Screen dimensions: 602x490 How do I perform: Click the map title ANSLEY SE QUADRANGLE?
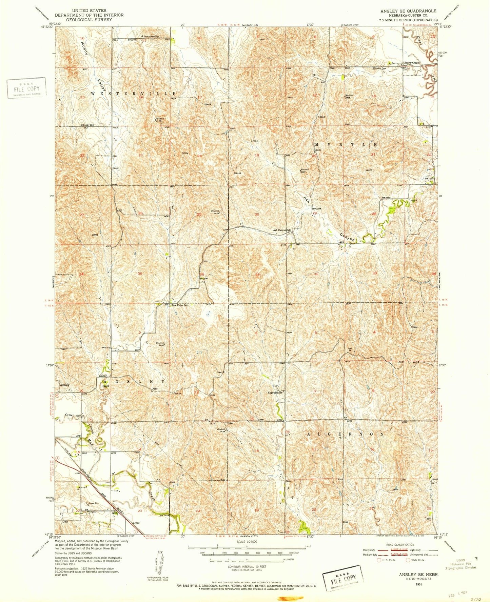(408, 11)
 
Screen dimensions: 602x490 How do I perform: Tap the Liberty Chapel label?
(411, 63)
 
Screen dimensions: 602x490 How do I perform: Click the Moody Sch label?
(88, 125)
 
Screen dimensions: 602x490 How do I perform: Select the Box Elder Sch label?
(180, 305)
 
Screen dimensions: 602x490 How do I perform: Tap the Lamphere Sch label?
(151, 36)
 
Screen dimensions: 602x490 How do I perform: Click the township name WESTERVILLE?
(133, 93)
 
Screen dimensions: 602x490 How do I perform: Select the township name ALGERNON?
(346, 434)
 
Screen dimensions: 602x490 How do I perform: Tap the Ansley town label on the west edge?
(64, 385)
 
